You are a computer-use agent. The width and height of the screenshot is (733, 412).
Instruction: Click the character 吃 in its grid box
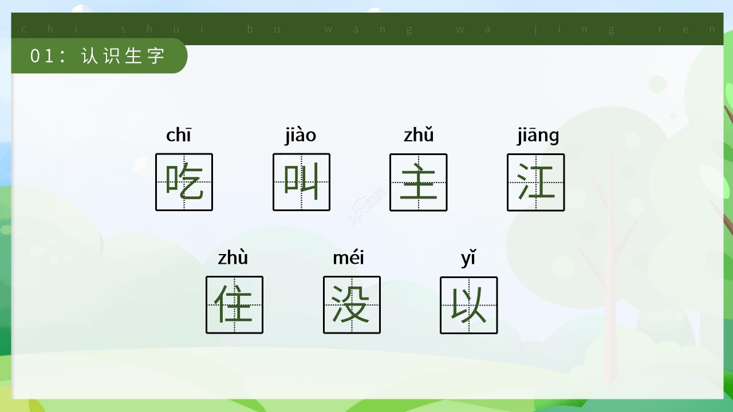point(184,182)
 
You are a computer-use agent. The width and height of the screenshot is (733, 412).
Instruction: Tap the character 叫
point(301,181)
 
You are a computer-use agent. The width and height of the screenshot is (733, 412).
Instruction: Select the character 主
point(419,181)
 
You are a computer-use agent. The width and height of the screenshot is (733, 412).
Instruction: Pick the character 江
point(536,181)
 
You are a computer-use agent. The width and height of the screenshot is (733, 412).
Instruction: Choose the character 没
point(351,304)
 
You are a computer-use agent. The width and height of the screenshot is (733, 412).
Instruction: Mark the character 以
point(468,304)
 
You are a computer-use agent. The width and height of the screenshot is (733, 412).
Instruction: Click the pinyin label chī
point(179,134)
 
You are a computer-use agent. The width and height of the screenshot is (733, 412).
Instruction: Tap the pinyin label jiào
point(301,135)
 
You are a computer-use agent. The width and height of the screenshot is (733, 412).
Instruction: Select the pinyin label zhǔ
point(419,134)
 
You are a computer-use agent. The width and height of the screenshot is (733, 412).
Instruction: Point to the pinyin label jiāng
point(538,136)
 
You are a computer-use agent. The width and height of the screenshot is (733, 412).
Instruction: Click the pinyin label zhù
point(233,257)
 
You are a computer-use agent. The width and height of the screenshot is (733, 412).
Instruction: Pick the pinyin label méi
point(348,257)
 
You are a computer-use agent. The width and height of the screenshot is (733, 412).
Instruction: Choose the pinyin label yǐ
point(468,258)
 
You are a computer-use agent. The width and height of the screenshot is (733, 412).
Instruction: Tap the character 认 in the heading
point(89,56)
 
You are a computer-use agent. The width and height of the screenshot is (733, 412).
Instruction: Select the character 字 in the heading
point(156,56)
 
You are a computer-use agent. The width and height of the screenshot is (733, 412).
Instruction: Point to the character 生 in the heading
point(133,56)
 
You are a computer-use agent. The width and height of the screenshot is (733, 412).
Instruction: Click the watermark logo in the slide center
point(367,206)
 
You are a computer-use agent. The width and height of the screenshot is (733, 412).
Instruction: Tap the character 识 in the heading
point(112,56)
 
